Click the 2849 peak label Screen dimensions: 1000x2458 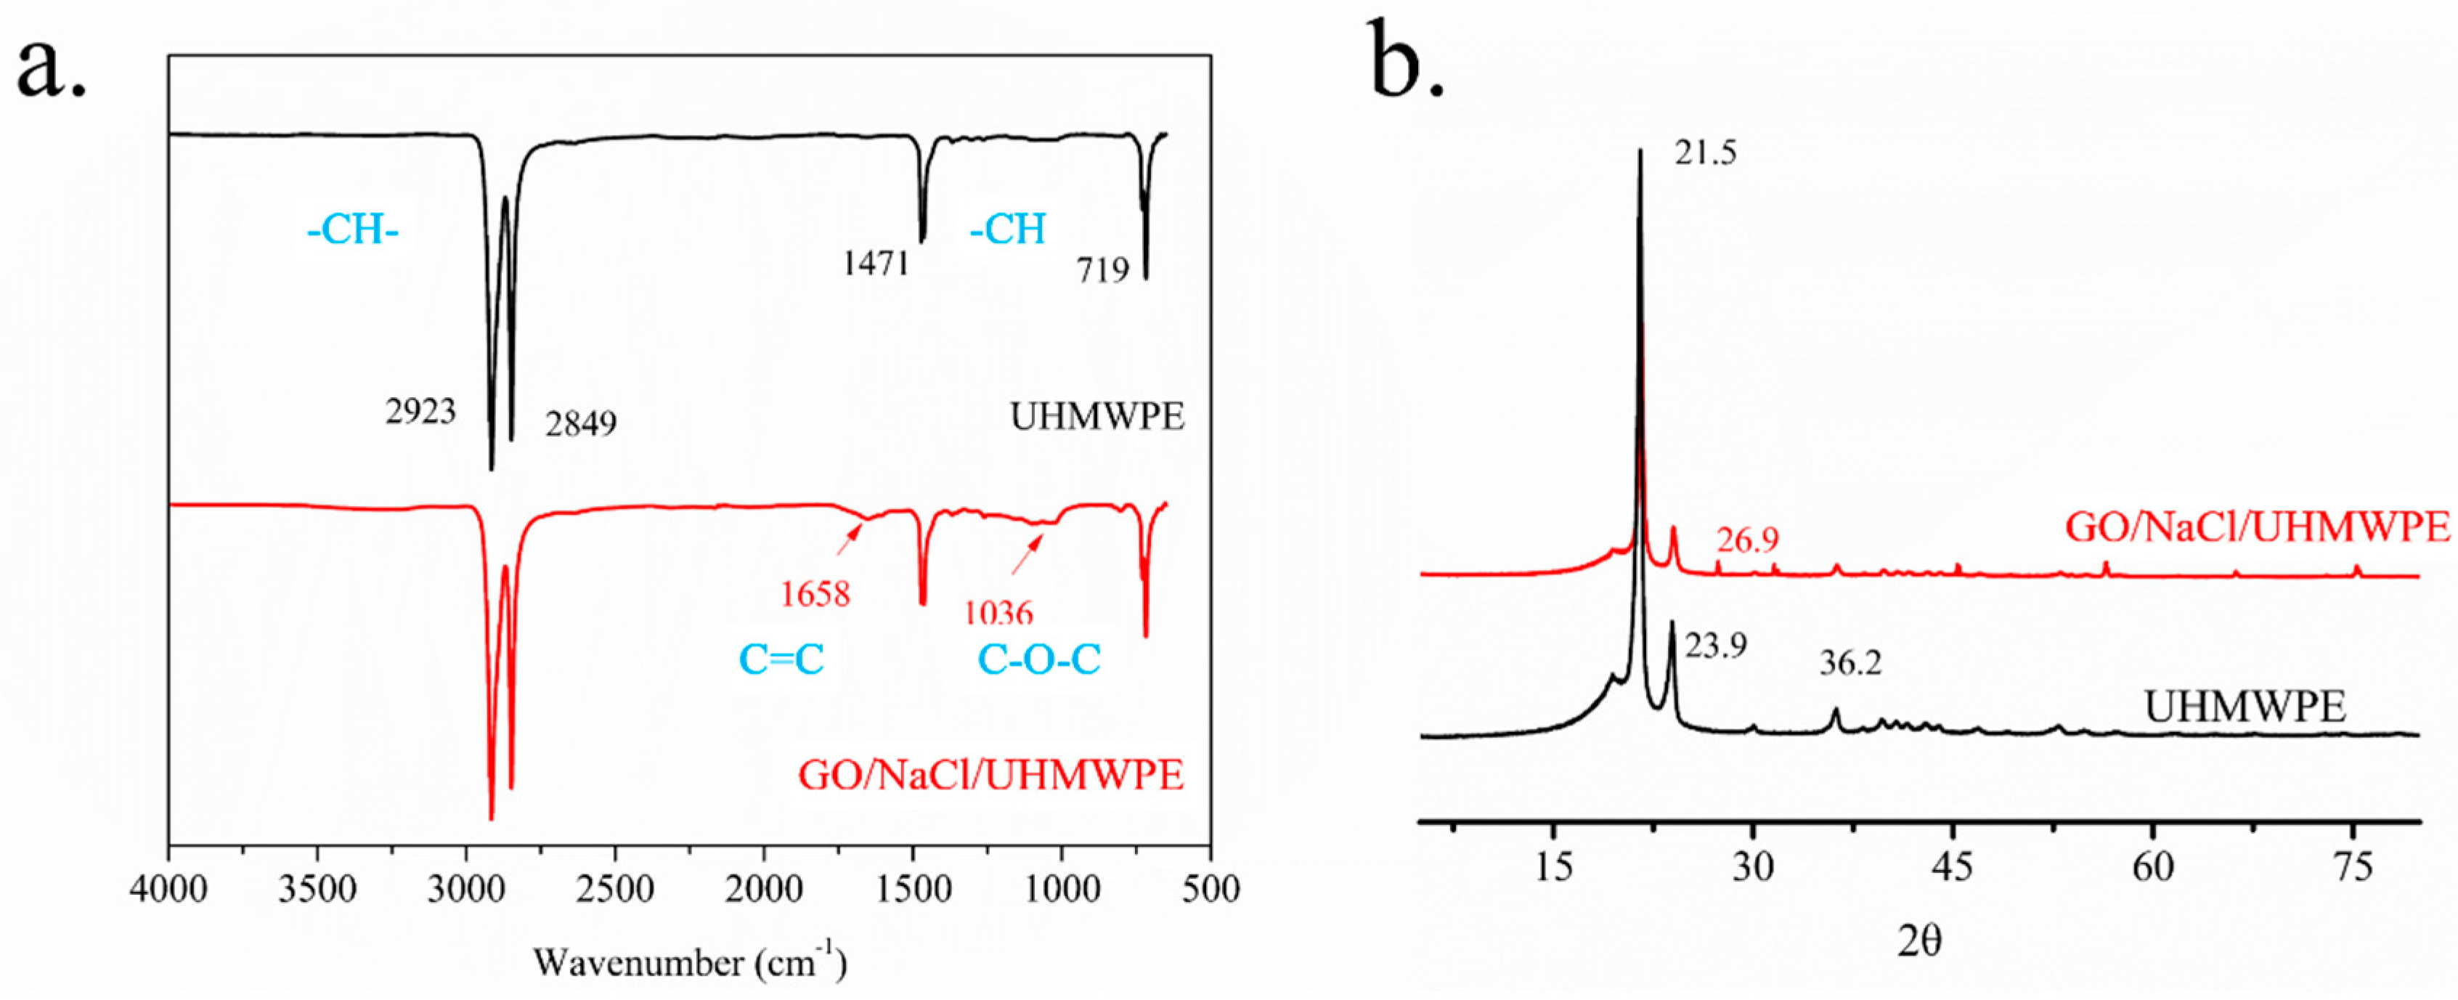pos(580,423)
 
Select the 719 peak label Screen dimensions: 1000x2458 pos(1103,271)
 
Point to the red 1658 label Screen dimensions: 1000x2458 pos(814,595)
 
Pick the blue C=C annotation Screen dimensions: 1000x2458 pos(781,659)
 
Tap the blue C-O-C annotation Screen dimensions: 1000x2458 pos(1039,659)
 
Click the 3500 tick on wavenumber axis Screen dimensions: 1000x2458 pos(317,890)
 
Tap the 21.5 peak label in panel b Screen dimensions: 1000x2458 pos(1705,153)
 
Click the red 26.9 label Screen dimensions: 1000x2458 pos(1747,541)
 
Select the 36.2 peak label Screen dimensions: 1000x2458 pos(1849,663)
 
